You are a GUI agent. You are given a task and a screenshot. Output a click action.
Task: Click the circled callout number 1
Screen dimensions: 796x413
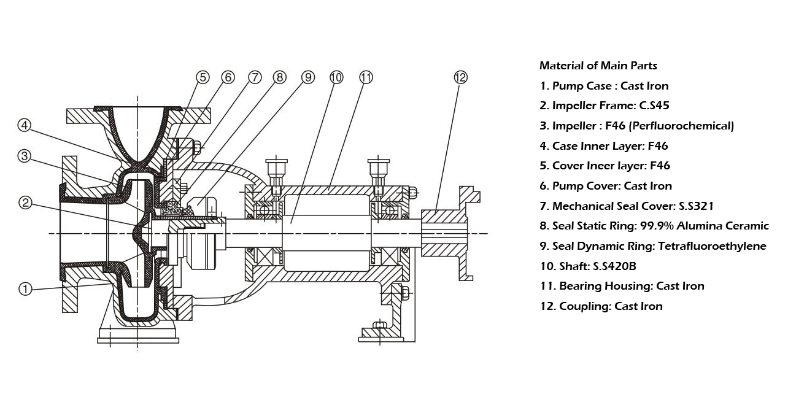25,289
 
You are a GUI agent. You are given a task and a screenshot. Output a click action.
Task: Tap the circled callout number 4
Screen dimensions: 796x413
24,125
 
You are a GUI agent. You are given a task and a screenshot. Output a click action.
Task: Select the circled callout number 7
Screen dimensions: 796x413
255,77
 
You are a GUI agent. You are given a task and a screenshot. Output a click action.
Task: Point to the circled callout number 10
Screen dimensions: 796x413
336,77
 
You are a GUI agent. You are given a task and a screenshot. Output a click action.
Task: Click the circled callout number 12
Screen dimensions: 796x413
460,77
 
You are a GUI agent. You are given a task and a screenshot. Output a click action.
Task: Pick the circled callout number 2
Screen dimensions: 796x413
25,203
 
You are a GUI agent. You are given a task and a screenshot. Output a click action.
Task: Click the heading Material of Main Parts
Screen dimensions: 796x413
598,66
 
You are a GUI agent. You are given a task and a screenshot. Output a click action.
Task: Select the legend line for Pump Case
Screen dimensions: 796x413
604,86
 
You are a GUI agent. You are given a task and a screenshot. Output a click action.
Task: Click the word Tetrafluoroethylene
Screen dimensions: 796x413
712,246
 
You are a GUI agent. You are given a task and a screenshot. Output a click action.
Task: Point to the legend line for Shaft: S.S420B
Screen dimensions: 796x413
588,266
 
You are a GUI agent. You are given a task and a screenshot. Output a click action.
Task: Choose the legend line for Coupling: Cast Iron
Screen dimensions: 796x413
601,306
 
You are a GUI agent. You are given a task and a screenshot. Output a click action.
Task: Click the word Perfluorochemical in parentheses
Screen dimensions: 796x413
681,126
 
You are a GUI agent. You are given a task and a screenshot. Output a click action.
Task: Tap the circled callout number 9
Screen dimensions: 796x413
307,77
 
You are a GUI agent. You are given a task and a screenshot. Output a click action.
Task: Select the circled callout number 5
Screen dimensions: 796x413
203,77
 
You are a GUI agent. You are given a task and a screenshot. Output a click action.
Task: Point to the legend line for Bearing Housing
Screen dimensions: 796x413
622,286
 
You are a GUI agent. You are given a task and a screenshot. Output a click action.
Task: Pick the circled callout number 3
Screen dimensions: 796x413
24,156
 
